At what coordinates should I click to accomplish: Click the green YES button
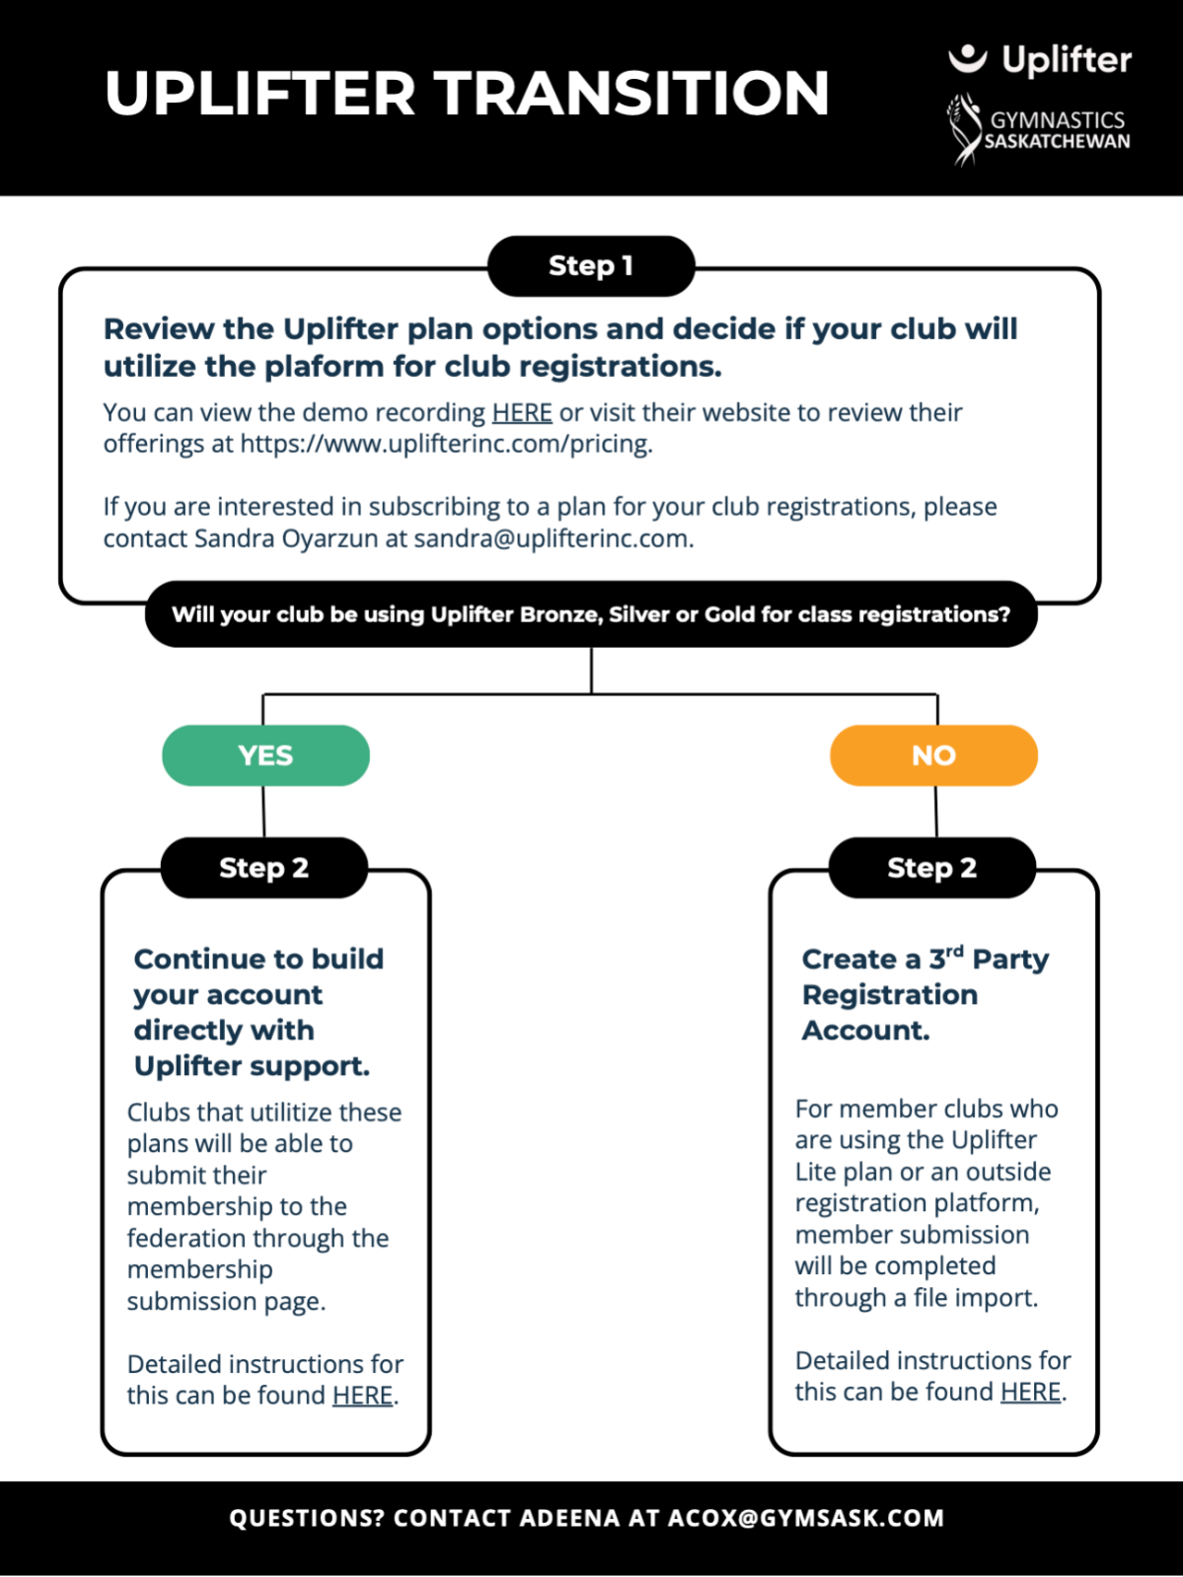click(266, 755)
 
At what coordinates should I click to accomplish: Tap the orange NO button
click(933, 755)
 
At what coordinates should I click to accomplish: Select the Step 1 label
click(591, 266)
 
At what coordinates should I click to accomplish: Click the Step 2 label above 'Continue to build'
click(264, 867)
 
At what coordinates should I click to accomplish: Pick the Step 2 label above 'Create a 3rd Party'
click(932, 867)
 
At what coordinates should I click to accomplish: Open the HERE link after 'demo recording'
click(522, 412)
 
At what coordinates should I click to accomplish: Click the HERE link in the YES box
click(362, 1396)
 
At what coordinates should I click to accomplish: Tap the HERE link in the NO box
click(1031, 1392)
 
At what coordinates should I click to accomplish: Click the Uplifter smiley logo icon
click(967, 57)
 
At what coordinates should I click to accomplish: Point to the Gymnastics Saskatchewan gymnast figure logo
click(963, 129)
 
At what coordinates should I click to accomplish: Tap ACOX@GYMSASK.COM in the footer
click(806, 1518)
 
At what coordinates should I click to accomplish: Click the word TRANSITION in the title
click(632, 93)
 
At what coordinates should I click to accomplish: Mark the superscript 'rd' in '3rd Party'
click(954, 951)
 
